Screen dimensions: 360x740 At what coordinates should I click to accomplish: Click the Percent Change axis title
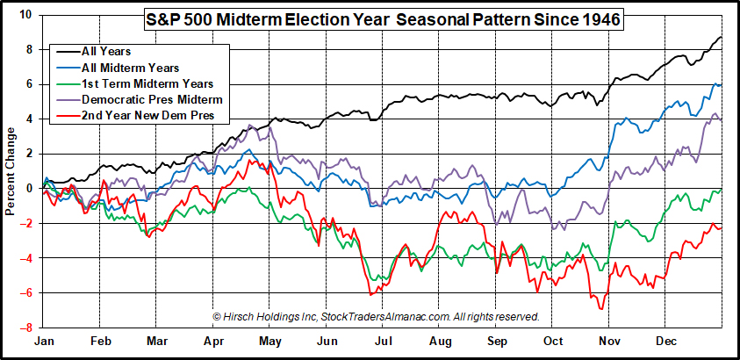10,171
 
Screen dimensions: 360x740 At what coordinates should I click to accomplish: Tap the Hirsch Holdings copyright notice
376,316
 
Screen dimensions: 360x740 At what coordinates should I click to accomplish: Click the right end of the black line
722,37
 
